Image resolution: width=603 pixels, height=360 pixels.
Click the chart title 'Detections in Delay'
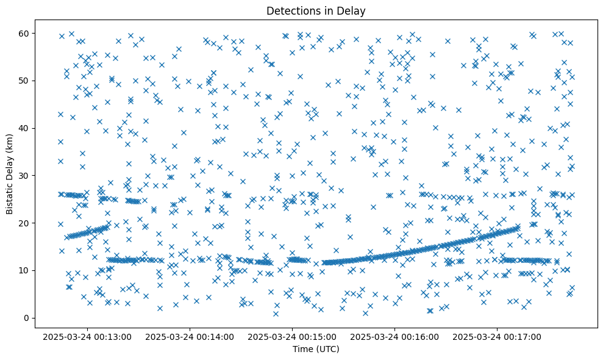[316, 10]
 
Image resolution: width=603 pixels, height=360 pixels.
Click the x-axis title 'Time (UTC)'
[316, 350]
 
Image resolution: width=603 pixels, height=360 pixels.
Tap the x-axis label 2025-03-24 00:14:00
[190, 336]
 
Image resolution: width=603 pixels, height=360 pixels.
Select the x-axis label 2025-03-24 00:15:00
[292, 336]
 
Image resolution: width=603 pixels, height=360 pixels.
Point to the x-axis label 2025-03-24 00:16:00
[395, 336]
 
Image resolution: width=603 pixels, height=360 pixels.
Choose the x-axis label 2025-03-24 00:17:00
[498, 336]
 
